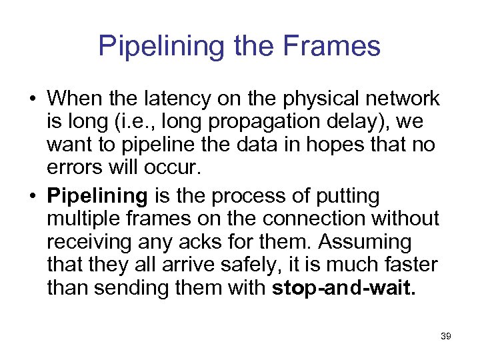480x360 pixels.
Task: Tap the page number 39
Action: [446, 337]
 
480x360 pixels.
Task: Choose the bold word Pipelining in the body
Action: [98, 196]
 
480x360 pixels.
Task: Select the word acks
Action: [204, 243]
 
